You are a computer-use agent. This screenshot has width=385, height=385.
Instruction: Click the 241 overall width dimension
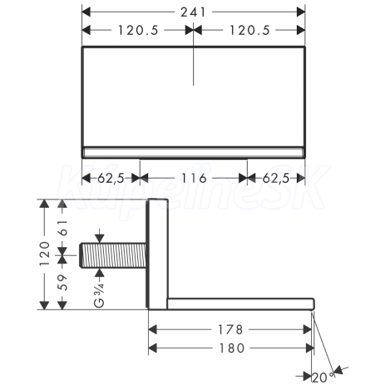(193, 12)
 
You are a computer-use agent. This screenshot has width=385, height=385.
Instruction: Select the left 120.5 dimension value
(138, 30)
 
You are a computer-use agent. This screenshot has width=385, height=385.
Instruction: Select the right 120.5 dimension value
(249, 30)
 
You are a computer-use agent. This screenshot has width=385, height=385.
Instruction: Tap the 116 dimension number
(194, 178)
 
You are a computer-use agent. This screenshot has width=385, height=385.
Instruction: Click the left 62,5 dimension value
(111, 178)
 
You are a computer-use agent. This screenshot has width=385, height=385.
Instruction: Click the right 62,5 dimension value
(276, 178)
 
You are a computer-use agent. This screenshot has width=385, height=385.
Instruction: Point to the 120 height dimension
(44, 254)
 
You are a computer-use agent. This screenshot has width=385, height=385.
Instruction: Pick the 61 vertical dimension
(63, 228)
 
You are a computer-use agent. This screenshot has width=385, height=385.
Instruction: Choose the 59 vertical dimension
(63, 283)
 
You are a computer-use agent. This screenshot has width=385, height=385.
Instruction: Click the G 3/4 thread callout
(99, 295)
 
